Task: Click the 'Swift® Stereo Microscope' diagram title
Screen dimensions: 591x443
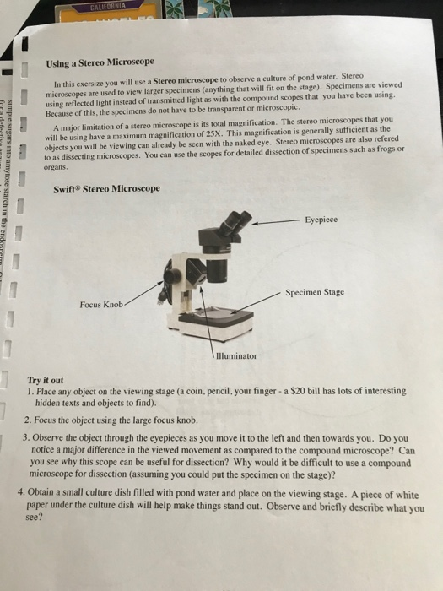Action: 106,187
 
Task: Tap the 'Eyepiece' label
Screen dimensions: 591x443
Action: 322,219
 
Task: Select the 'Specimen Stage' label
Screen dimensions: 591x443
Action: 315,293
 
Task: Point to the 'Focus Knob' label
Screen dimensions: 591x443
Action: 101,304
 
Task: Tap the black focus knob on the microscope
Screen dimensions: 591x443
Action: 173,275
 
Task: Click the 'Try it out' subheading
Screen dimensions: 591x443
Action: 47,381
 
